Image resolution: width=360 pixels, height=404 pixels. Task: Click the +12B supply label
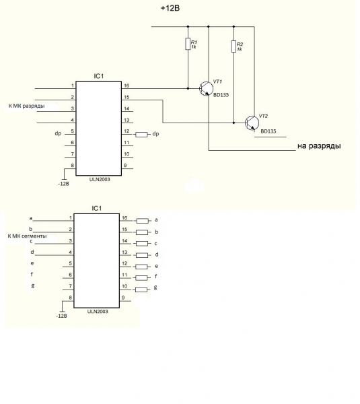point(170,8)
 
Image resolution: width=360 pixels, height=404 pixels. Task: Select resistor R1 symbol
point(188,44)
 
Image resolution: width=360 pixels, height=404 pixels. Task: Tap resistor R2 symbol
point(233,46)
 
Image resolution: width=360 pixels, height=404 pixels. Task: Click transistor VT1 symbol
point(206,89)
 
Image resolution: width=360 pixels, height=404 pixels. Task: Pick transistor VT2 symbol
point(252,123)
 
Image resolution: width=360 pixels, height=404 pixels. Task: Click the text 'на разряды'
point(319,146)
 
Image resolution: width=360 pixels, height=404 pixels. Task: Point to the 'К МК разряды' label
point(26,106)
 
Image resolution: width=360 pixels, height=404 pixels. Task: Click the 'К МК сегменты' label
point(27,236)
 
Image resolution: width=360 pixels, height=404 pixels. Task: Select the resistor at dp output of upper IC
point(141,134)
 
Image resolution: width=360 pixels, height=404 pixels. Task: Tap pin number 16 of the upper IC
point(127,86)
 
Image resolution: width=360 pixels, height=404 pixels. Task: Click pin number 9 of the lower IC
point(123,298)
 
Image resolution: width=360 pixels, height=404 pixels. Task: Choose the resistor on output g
point(141,290)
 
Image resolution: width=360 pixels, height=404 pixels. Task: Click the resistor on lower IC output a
point(142,221)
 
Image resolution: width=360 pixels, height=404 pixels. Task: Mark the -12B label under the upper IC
point(63,184)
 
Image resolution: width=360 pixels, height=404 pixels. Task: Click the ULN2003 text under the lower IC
point(98,312)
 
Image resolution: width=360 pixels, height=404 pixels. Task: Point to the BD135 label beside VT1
point(221,95)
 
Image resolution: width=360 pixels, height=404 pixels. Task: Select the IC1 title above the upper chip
point(98,76)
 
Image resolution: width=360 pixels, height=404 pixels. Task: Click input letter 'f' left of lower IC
point(32,274)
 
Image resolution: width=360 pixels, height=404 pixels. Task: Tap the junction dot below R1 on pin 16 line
point(188,88)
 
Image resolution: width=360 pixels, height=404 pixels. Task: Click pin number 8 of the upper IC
point(73,166)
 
